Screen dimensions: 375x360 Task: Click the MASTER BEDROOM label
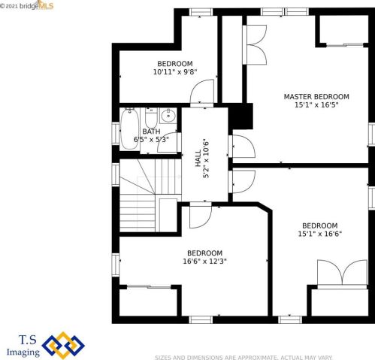316,97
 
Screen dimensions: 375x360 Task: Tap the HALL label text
198,159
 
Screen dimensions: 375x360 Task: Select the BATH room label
151,132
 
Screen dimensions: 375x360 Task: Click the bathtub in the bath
129,129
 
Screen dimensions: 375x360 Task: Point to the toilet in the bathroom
151,117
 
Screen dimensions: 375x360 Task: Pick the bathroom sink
168,115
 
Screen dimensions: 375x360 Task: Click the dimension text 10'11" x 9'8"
175,72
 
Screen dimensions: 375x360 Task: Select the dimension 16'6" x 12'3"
205,262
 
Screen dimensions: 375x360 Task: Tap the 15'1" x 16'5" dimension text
316,105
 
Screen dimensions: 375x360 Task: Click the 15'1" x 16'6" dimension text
320,234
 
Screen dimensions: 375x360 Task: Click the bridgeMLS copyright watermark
27,5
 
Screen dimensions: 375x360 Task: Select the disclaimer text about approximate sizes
243,357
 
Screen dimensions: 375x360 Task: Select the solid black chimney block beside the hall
240,116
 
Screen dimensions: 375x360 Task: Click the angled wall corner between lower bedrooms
265,207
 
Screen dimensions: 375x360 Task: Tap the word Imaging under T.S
23,352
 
